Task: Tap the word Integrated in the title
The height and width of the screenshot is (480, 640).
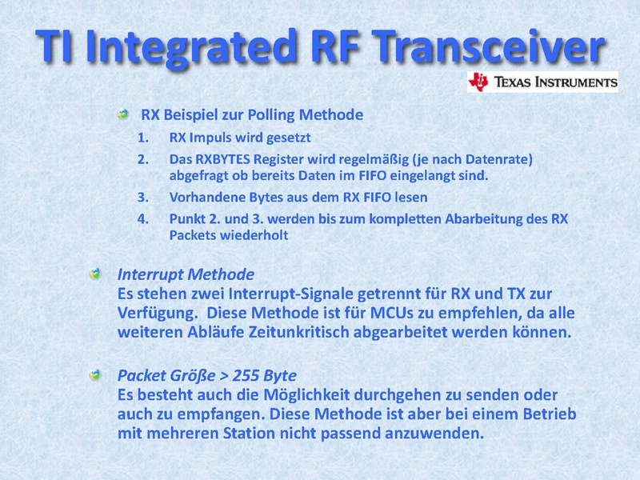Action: [x=191, y=48]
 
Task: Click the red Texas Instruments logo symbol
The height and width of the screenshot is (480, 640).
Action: [x=478, y=82]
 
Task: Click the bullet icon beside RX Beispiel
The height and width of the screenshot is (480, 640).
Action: [x=123, y=114]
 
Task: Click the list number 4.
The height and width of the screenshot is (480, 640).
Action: [x=143, y=218]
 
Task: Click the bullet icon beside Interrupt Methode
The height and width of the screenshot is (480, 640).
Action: [x=95, y=274]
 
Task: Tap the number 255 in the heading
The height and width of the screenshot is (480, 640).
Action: [x=246, y=375]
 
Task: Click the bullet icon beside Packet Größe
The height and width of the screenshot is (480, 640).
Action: [x=95, y=375]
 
